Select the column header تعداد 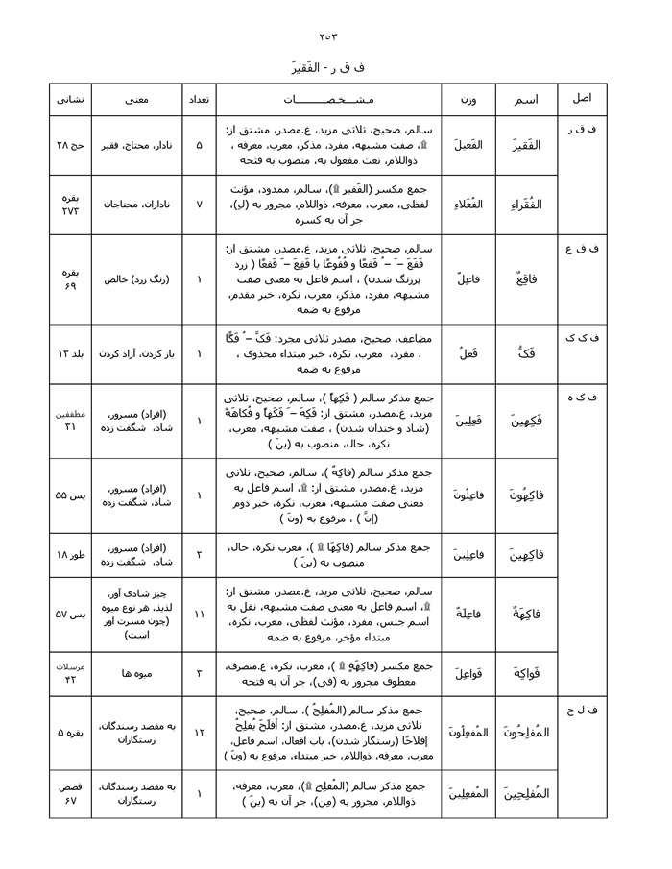pos(199,99)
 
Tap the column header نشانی pos(70,99)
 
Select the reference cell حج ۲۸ pos(70,146)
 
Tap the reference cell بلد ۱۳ pos(70,353)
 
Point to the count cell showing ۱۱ pos(199,613)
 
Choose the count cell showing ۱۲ pos(199,733)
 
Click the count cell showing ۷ pos(199,205)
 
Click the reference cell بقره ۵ pos(70,733)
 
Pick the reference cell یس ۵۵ pos(70,495)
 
